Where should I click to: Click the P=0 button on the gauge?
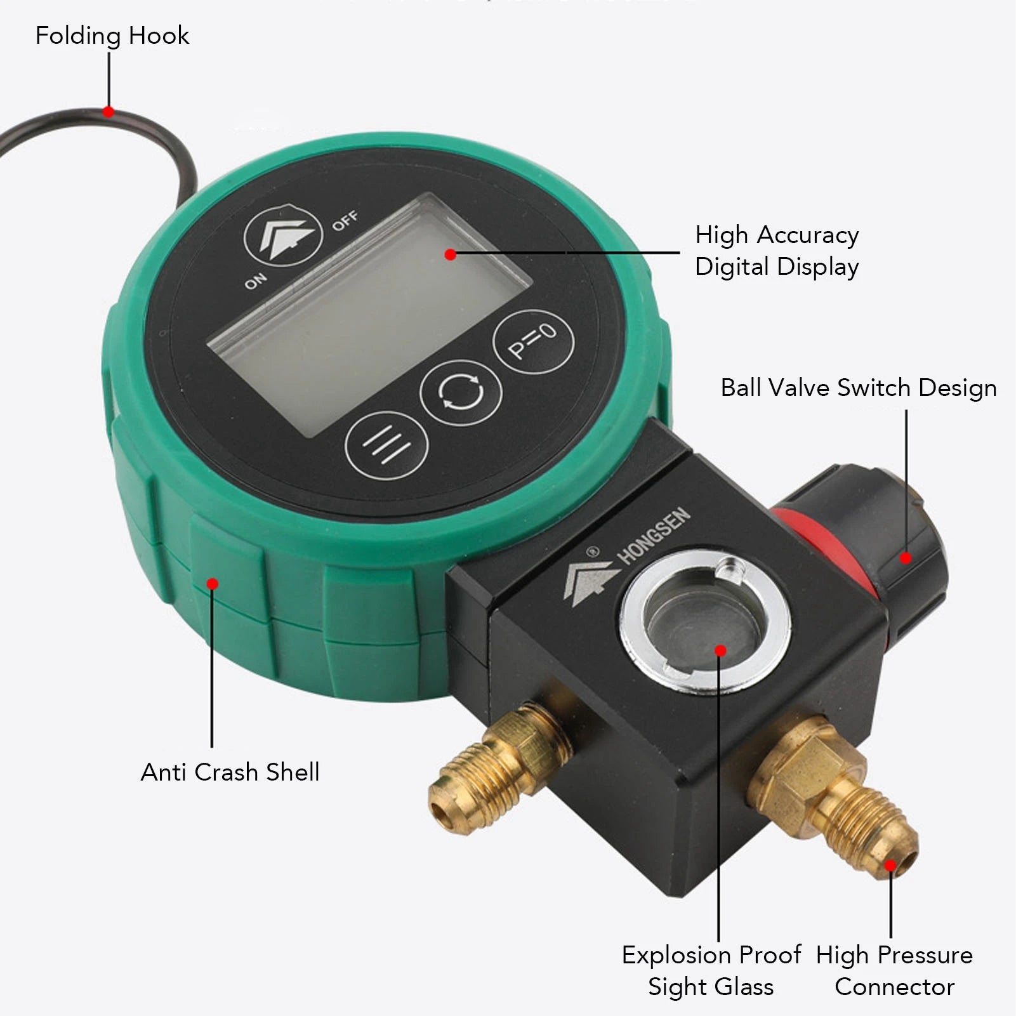pyautogui.click(x=533, y=342)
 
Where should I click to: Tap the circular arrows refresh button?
pyautogui.click(x=461, y=393)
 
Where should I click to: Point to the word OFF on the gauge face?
pyautogui.click(x=345, y=220)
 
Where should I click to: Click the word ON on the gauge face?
pyautogui.click(x=256, y=280)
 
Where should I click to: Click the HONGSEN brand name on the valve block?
pyautogui.click(x=654, y=536)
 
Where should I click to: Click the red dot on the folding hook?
pyautogui.click(x=109, y=112)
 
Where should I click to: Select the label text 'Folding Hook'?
pyautogui.click(x=112, y=36)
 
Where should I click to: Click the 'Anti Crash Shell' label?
pyautogui.click(x=230, y=772)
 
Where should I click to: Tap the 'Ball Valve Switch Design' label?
pyautogui.click(x=859, y=388)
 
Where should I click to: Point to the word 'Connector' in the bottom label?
pyautogui.click(x=894, y=987)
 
